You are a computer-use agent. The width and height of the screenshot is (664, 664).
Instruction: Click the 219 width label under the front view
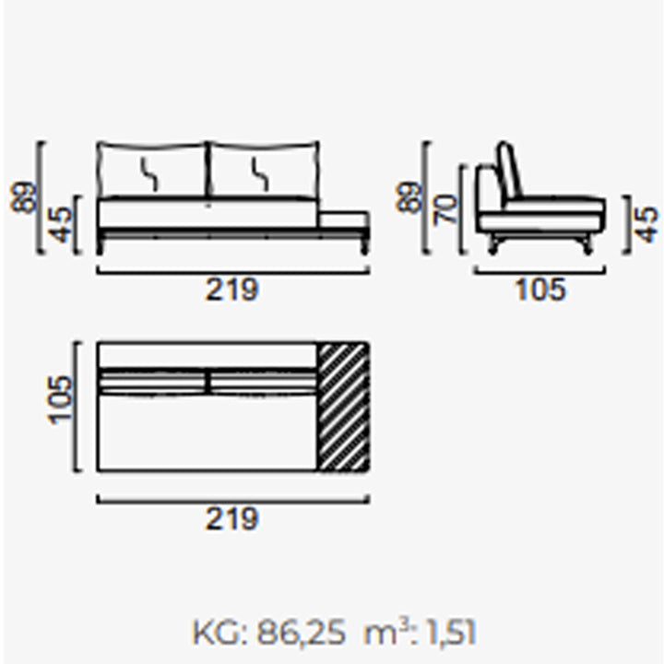click(231, 290)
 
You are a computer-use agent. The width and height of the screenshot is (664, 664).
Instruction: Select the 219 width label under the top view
click(231, 518)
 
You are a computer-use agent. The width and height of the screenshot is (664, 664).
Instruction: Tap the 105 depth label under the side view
click(540, 290)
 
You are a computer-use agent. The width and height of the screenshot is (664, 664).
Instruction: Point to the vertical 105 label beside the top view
click(60, 399)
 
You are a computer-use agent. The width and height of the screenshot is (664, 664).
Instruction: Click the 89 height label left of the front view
click(22, 196)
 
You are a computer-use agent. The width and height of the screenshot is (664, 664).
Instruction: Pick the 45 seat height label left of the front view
click(60, 224)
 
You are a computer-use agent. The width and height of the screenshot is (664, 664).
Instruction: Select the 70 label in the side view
click(445, 208)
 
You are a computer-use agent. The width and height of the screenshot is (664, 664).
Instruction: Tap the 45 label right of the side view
click(646, 225)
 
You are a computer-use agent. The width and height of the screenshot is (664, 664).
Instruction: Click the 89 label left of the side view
click(408, 196)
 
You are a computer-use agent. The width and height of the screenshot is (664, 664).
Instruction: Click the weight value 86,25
click(301, 634)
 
